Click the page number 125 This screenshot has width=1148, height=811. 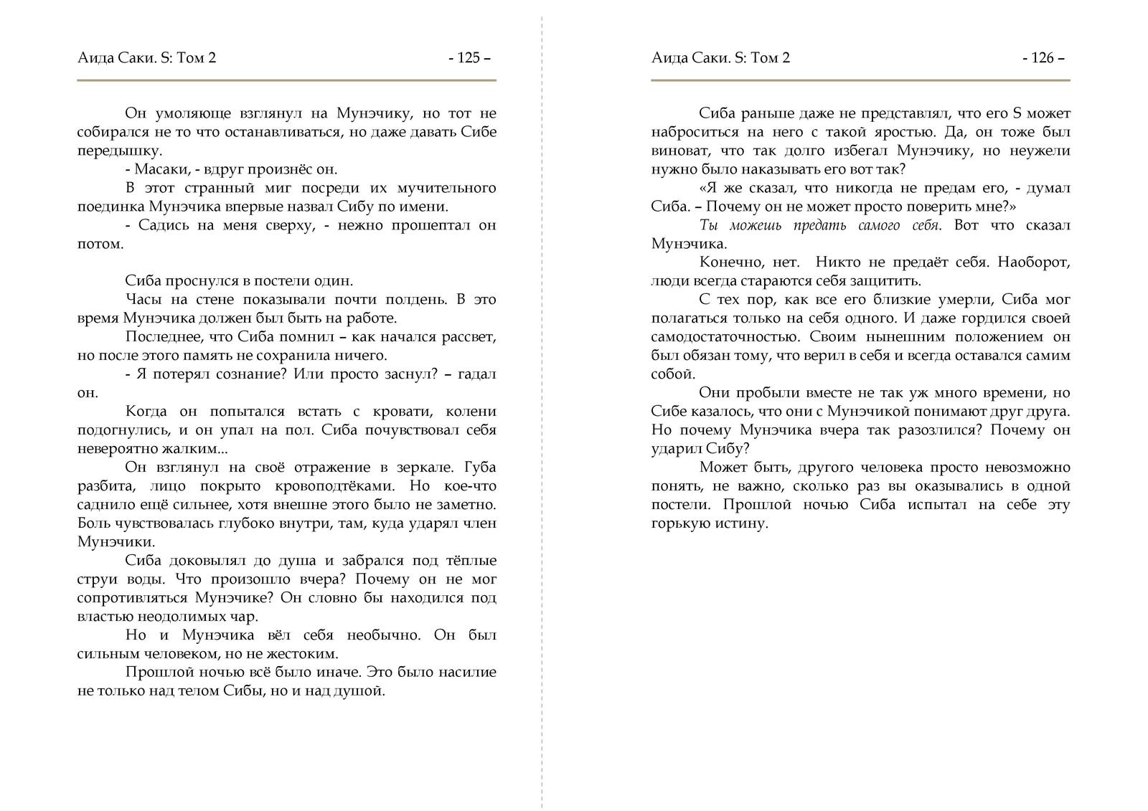coord(469,58)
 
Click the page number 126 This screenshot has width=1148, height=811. coord(1043,58)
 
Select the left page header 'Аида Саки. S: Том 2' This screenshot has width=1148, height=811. coord(146,58)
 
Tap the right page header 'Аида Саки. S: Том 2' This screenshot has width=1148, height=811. coord(720,58)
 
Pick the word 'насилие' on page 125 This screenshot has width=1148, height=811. coord(470,673)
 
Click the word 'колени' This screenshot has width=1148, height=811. coord(471,412)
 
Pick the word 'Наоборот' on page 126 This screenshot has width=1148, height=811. coord(1036,262)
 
